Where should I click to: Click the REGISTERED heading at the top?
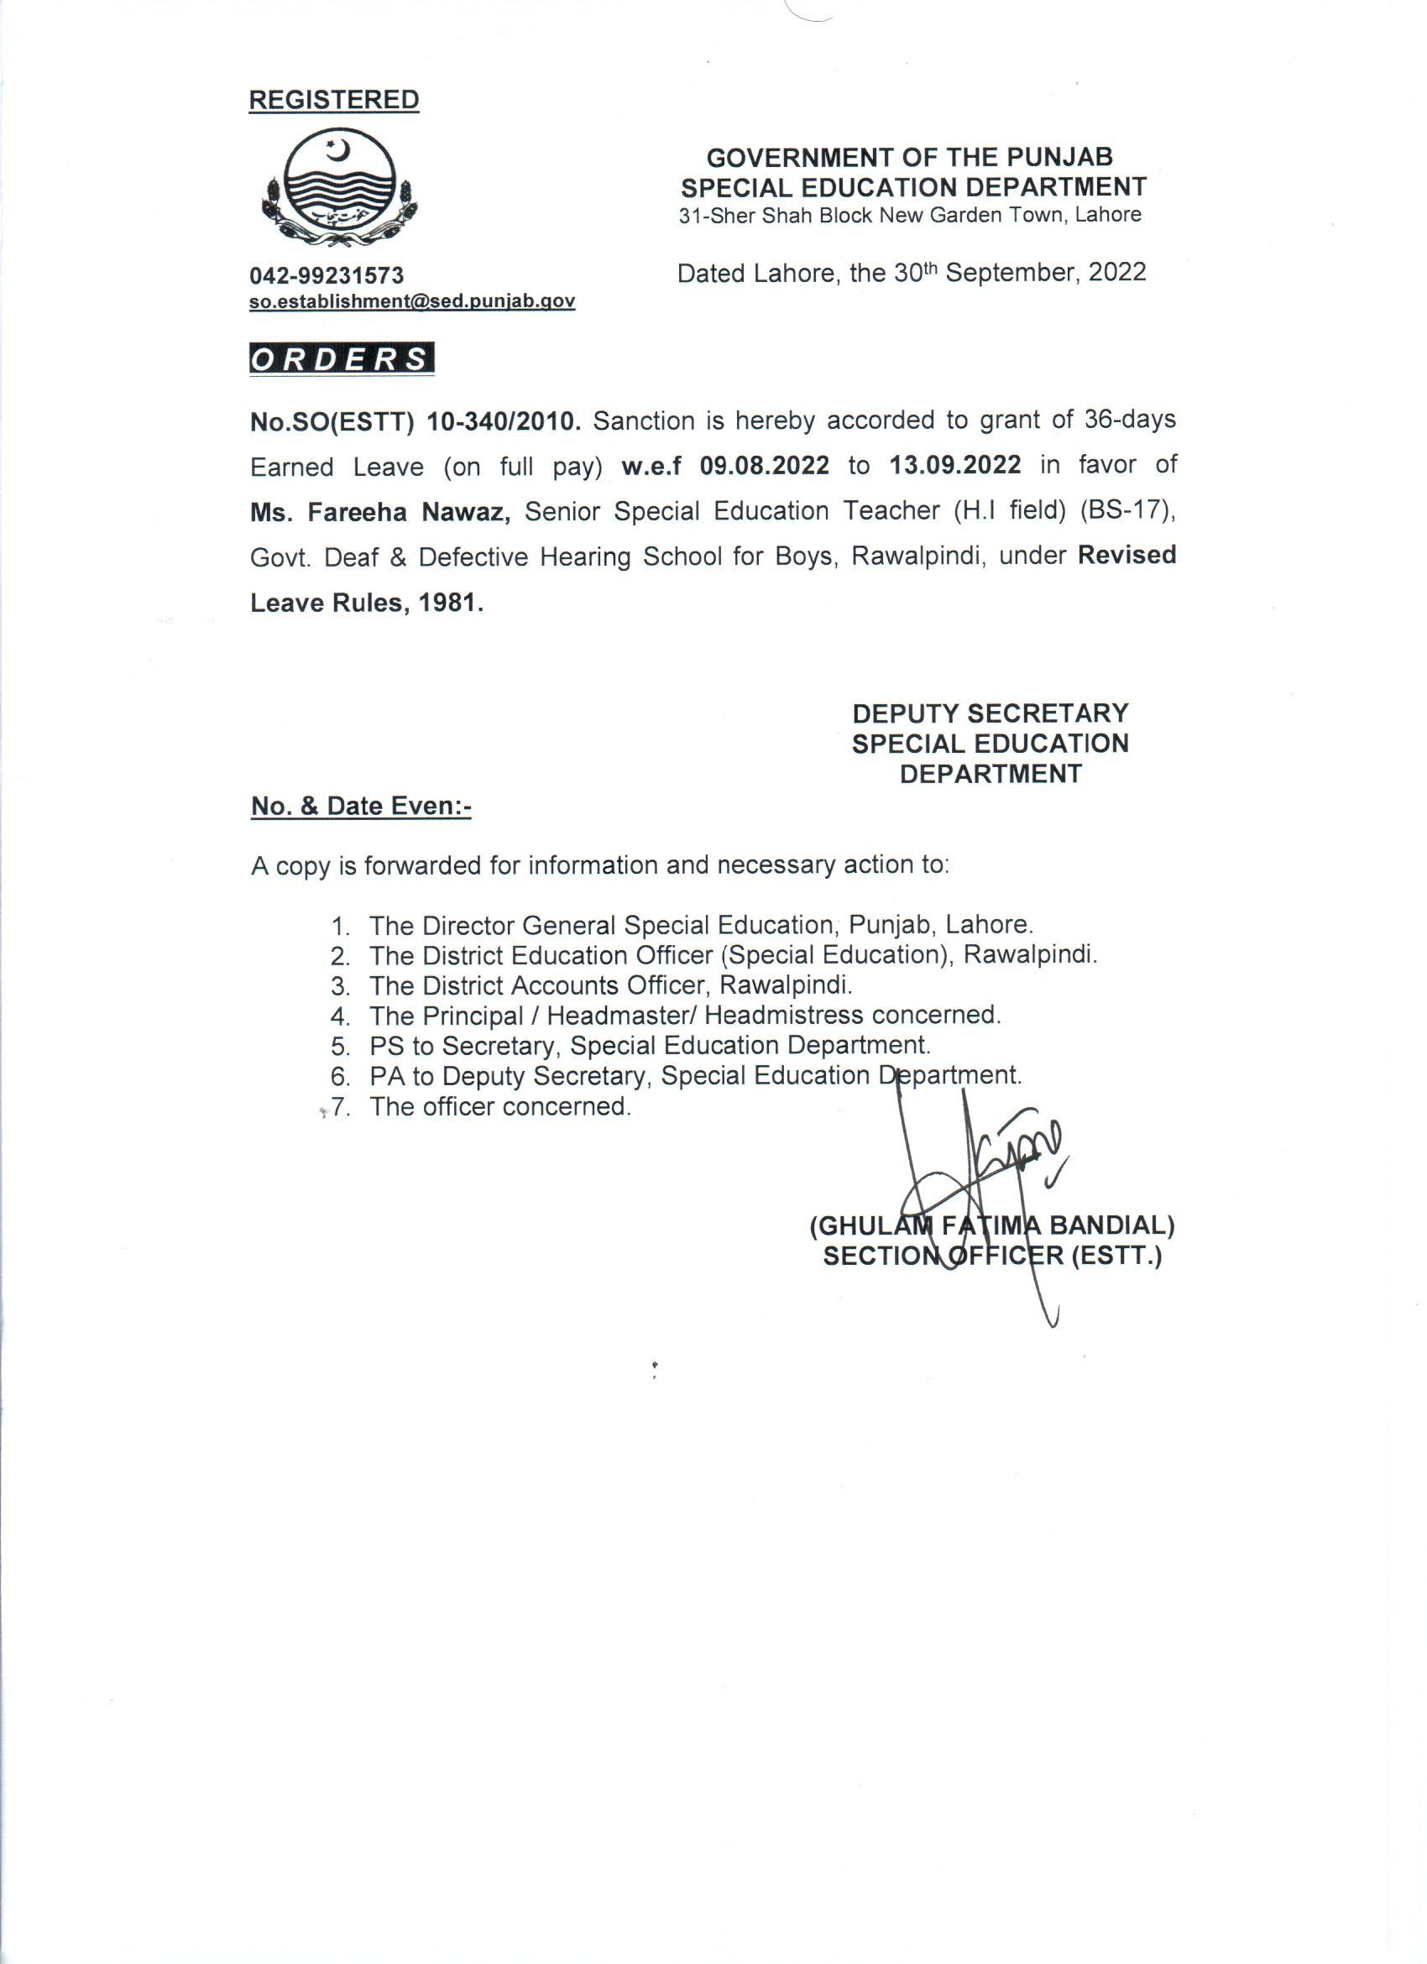333,101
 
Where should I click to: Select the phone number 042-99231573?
327,275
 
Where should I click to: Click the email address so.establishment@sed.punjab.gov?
412,301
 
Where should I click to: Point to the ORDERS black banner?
341,359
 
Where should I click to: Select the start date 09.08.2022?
765,466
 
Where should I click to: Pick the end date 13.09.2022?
955,466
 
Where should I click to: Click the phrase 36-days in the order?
1129,420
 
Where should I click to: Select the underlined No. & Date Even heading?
361,807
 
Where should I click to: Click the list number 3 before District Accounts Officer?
339,986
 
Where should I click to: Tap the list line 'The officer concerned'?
499,1107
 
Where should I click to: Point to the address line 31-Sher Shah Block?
909,216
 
